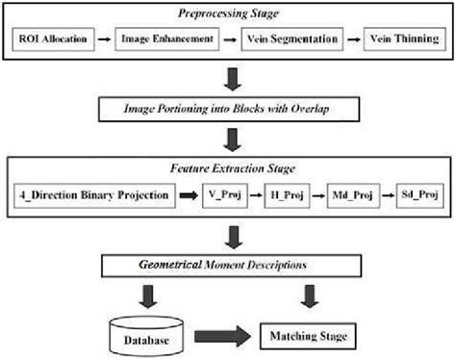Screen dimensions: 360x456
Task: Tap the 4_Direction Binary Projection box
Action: [94, 197]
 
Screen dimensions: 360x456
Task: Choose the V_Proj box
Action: [223, 197]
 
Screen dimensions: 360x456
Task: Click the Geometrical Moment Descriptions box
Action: [228, 263]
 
